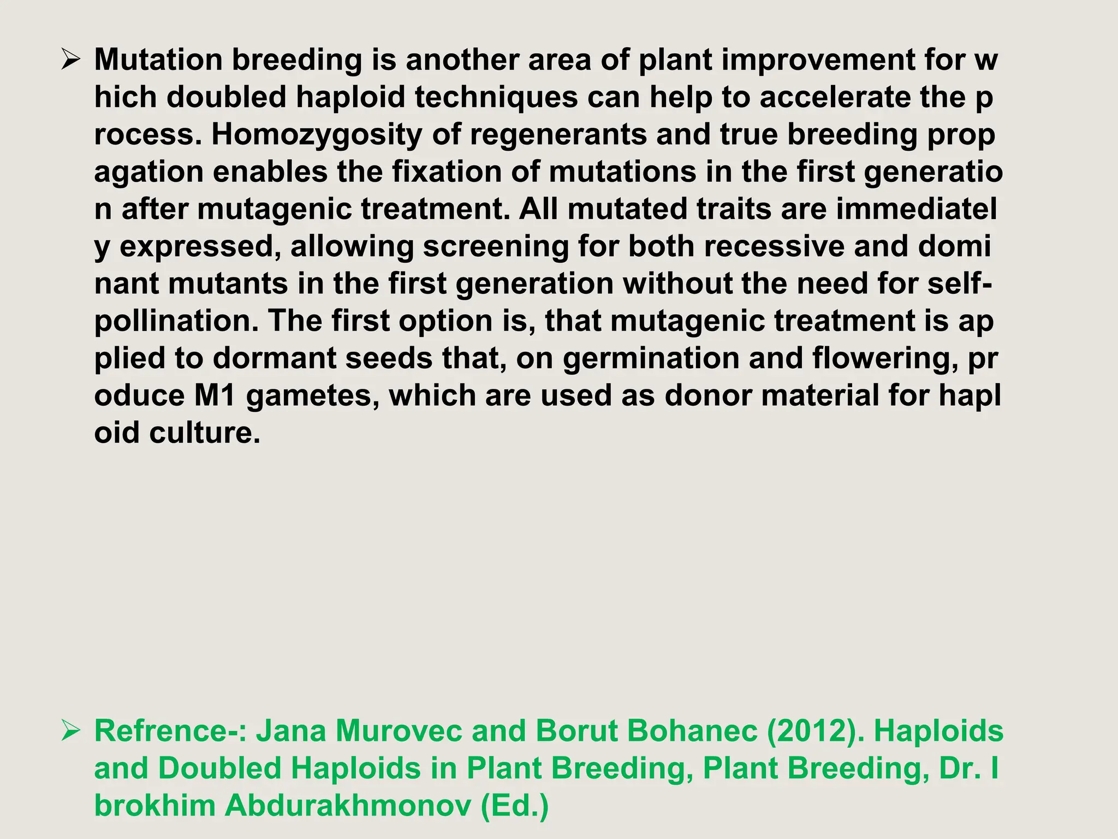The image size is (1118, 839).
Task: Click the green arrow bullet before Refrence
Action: (x=71, y=730)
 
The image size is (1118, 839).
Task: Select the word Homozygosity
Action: (x=317, y=135)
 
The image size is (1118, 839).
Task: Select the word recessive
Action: (x=774, y=246)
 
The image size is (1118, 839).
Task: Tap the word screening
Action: (x=496, y=246)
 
